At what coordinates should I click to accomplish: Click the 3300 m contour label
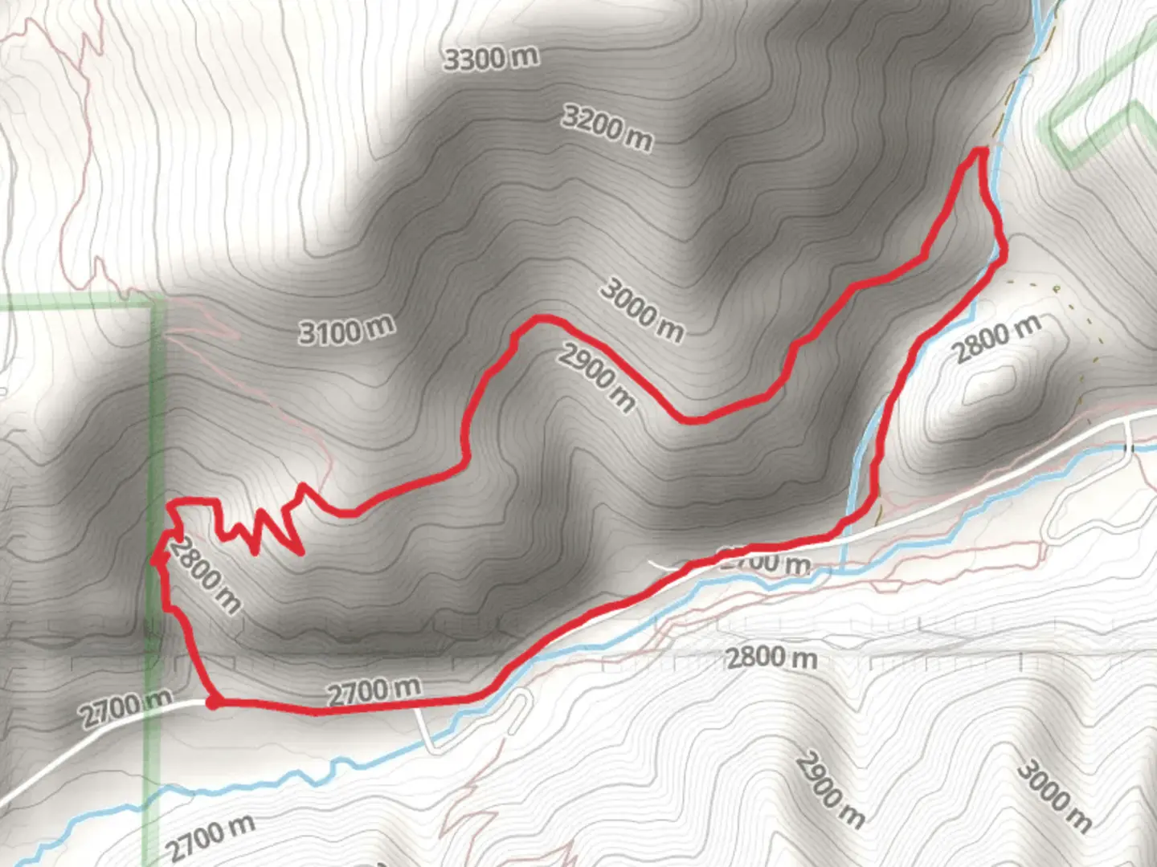coord(491,58)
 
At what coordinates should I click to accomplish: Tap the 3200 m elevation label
coord(607,128)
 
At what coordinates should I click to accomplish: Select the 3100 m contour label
coord(346,329)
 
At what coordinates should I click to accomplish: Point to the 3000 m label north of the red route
coord(642,310)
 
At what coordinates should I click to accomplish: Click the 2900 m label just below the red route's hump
coord(597,376)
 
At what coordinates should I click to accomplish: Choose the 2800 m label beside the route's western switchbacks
coord(205,575)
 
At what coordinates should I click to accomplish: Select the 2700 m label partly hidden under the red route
coord(763,562)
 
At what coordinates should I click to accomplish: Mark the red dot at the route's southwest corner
coord(212,702)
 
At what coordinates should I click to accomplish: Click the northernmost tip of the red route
coord(980,150)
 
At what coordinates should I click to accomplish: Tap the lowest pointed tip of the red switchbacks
coord(300,553)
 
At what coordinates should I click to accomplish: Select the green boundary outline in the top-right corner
coord(1101,120)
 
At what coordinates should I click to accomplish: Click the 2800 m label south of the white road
coord(771,657)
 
